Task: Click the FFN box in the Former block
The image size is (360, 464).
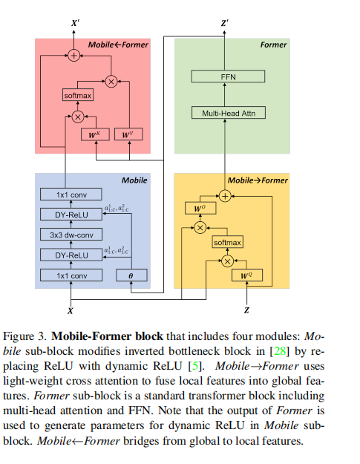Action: point(228,76)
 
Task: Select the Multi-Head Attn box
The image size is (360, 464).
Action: point(228,113)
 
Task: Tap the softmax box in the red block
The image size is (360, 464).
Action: point(78,96)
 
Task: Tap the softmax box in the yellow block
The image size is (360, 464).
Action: point(228,243)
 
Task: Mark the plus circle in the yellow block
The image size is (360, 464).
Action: point(228,195)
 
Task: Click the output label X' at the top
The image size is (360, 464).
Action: point(73,24)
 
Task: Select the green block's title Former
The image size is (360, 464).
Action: point(273,45)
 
